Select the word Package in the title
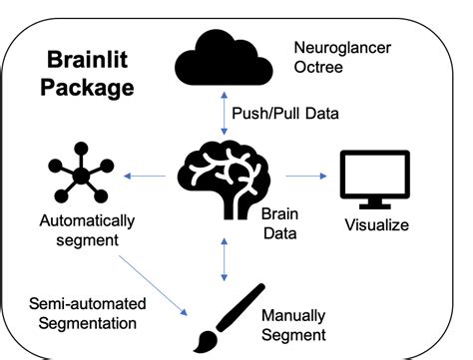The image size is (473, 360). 88,88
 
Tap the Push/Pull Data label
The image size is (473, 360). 286,113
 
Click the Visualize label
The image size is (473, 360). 376,224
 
